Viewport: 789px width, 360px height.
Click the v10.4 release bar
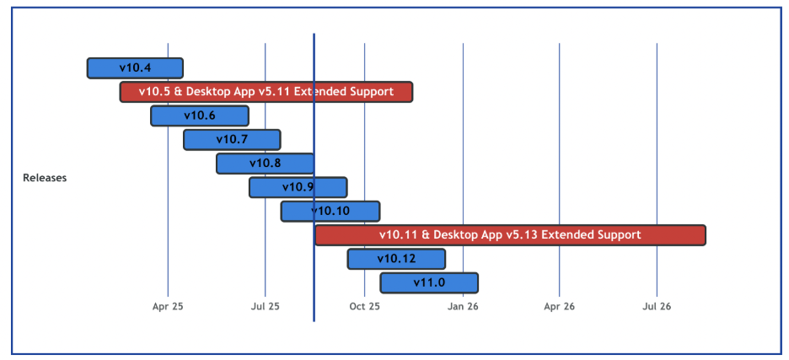tap(135, 67)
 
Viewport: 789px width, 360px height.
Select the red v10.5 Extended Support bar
tap(266, 92)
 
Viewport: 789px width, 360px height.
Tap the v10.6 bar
tap(200, 116)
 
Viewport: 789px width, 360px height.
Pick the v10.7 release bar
tap(232, 139)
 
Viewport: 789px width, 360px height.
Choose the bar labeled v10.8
tap(265, 164)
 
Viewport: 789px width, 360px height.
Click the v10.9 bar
tap(298, 187)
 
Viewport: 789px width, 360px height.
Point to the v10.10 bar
tap(330, 211)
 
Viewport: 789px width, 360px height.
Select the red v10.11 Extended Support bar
tap(510, 234)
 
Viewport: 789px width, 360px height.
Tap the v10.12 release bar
tap(396, 259)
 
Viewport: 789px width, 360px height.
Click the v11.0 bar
tap(429, 282)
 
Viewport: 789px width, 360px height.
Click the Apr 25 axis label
tap(168, 307)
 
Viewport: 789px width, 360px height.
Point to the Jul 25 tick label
tap(266, 307)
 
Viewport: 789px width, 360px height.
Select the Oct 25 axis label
tap(365, 307)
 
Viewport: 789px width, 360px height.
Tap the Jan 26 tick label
tap(463, 307)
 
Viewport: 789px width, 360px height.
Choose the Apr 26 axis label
tap(559, 307)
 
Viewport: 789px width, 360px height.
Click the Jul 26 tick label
tap(657, 307)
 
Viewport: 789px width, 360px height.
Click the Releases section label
tap(45, 178)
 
